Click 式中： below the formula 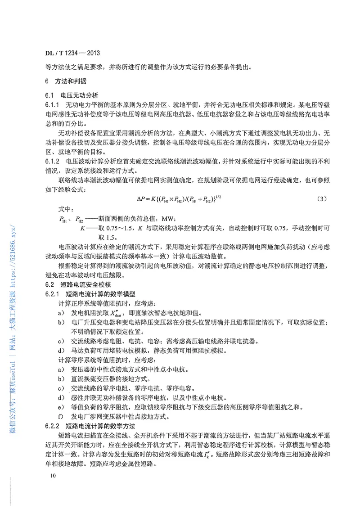(66, 209)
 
